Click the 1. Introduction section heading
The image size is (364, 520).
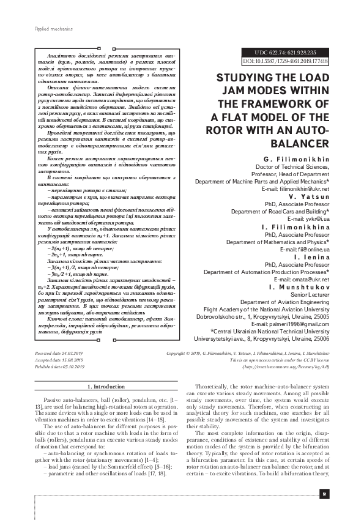tap(107, 387)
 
